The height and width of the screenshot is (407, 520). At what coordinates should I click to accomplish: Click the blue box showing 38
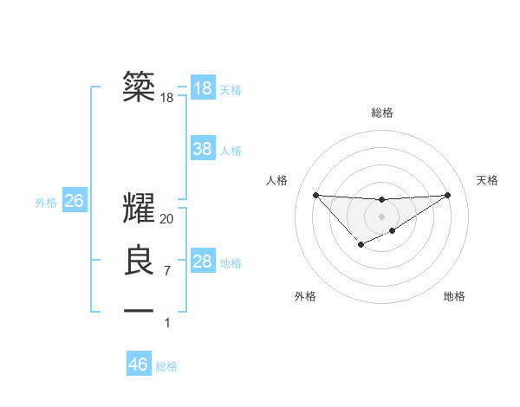tap(203, 149)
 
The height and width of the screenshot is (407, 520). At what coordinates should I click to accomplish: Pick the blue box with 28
tap(203, 262)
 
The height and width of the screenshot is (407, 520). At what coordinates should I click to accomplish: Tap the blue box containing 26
tap(74, 201)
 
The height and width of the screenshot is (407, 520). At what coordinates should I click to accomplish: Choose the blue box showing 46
tap(139, 364)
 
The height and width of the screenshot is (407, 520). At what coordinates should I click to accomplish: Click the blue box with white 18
tap(203, 88)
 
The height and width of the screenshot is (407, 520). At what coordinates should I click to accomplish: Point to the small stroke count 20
tap(167, 219)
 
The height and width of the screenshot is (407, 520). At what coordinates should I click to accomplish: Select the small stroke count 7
tap(167, 270)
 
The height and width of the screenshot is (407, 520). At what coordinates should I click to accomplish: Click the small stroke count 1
tap(167, 323)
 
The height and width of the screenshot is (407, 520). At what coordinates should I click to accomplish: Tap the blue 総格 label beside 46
tap(166, 366)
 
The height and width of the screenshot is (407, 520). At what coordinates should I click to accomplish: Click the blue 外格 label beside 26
tap(46, 203)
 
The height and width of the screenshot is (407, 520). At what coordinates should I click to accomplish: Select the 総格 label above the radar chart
tap(382, 113)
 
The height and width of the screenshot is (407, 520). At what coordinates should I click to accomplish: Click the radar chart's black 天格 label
tap(487, 180)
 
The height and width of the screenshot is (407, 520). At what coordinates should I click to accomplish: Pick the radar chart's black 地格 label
tap(454, 296)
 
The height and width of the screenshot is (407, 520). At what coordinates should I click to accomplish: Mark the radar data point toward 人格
tap(315, 195)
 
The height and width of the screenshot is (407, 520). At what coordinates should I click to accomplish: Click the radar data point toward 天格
tap(447, 195)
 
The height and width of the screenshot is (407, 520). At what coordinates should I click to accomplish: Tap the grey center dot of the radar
tap(381, 216)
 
